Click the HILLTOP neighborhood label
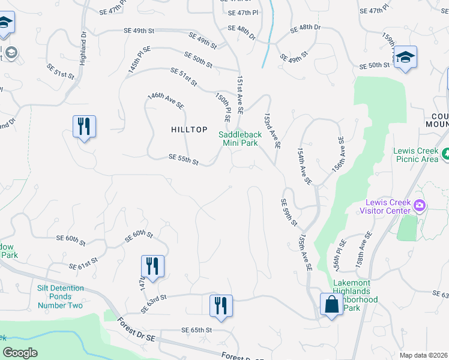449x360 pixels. click(x=189, y=129)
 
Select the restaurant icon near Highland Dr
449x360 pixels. click(x=84, y=127)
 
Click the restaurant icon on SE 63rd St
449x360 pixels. click(x=221, y=305)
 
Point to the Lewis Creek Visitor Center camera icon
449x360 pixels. click(x=419, y=207)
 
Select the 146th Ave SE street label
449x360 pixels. click(x=166, y=100)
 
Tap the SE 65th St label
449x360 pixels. click(x=197, y=330)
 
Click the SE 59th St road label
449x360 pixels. click(x=289, y=213)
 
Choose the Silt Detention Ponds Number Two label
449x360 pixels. click(x=60, y=297)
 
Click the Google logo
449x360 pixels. click(x=20, y=353)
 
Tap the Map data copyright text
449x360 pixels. click(x=423, y=355)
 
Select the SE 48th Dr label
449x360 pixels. click(x=306, y=28)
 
